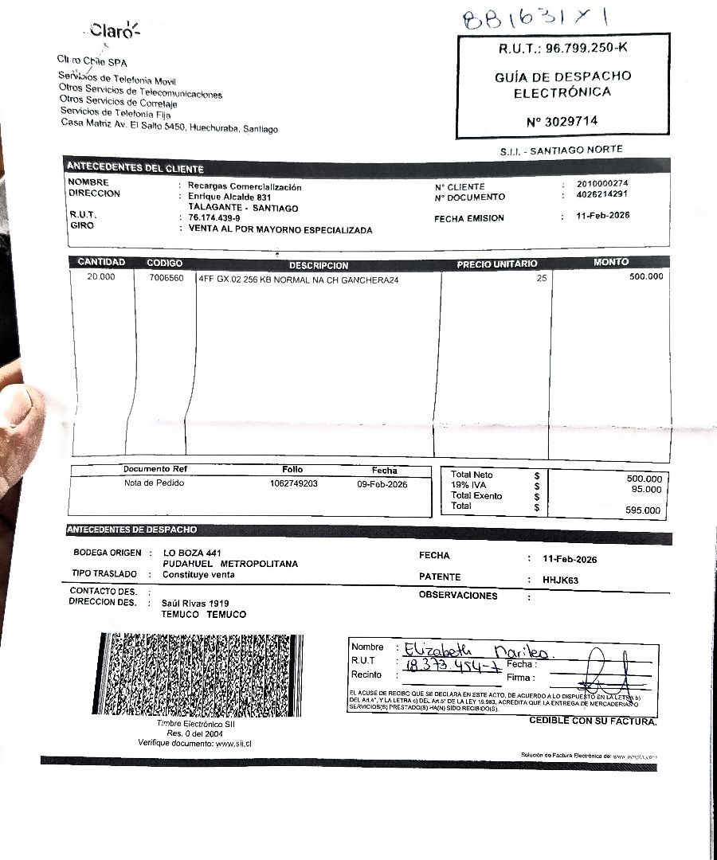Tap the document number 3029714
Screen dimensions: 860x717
562,122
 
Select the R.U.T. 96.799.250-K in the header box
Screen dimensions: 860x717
563,49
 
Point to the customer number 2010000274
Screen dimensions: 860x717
603,185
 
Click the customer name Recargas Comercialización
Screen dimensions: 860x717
245,186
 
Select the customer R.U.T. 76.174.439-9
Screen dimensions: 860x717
214,217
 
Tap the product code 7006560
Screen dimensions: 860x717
166,279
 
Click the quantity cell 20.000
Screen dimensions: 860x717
101,277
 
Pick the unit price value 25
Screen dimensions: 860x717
542,279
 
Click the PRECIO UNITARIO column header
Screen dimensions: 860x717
496,264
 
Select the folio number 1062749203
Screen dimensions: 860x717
293,483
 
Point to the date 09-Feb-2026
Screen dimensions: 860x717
382,483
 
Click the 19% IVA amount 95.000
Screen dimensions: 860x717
646,489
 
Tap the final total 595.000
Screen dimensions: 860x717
643,510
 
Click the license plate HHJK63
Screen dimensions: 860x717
560,580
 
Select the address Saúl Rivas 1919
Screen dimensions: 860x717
195,604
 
